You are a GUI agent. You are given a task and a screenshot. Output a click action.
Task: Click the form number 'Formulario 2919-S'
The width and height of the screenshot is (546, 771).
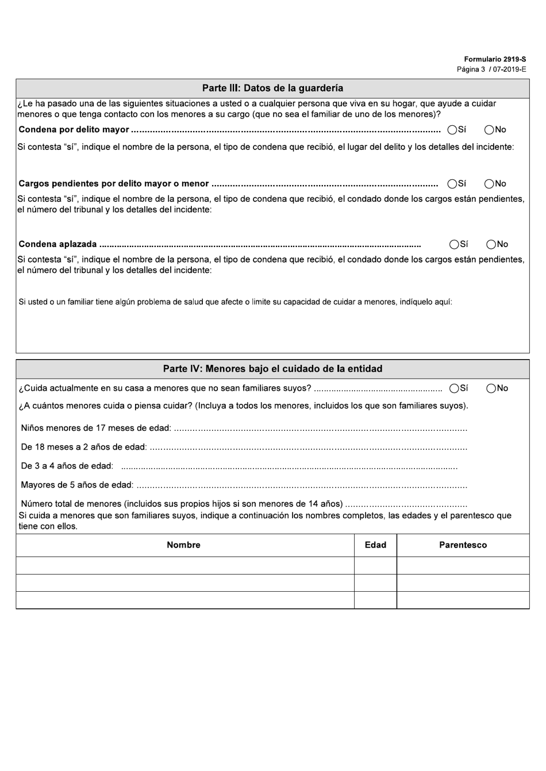pos(495,59)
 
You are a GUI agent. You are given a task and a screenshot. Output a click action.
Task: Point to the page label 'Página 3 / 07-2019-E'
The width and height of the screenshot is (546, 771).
pos(491,70)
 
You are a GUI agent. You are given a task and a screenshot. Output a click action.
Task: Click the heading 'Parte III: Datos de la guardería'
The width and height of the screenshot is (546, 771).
pos(272,88)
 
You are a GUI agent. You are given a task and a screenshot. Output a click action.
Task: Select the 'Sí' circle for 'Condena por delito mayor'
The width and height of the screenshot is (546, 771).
pos(452,130)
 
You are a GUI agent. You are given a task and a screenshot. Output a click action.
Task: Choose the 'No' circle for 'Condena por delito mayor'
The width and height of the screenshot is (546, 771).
pos(489,130)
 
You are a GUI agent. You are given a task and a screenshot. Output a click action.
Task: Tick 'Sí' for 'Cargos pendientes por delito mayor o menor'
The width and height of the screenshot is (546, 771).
pos(452,184)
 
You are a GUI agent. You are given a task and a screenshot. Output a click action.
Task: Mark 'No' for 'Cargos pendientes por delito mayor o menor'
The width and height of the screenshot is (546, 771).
pos(489,184)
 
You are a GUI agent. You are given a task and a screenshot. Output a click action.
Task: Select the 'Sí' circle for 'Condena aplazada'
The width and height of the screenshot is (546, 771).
pos(455,244)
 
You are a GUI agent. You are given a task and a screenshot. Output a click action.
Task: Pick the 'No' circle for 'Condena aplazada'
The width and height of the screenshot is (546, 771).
pos(491,244)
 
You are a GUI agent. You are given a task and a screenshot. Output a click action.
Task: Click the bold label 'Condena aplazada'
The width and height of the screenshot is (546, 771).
pos(57,244)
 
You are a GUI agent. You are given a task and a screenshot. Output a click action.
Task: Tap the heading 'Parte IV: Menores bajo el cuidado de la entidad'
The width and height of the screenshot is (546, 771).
pos(272,369)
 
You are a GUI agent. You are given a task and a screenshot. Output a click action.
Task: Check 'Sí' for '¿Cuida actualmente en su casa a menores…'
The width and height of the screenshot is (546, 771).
pos(455,388)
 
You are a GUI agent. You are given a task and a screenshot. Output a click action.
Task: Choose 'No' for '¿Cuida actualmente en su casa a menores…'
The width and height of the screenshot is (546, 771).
pos(491,388)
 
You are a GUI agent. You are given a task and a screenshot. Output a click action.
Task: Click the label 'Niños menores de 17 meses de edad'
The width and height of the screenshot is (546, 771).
pos(96,428)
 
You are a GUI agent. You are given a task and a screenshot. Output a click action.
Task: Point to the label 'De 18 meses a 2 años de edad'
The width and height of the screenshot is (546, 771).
pos(84,447)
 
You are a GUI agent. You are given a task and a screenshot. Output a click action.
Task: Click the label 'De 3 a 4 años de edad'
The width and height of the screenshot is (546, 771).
pos(67,466)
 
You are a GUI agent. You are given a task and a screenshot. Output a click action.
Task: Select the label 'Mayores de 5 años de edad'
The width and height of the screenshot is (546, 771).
pos(77,485)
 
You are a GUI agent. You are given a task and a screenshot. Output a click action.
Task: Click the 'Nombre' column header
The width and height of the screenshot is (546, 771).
pos(184,545)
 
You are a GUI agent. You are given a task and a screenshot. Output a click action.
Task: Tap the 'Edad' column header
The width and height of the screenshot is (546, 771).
pos(375,545)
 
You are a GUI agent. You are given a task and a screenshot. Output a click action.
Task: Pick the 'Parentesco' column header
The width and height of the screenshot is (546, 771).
pos(463,545)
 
